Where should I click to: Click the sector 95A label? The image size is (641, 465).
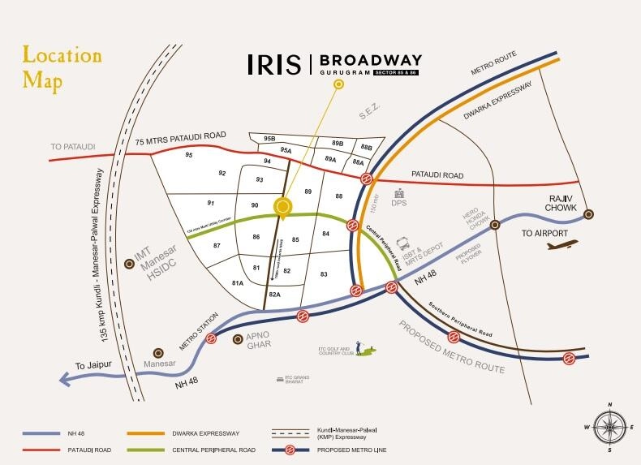coord(285,150)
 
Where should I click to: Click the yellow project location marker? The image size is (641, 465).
coord(282,207)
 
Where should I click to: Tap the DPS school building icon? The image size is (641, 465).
coord(398,194)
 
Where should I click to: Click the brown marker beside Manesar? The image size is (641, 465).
coord(158,354)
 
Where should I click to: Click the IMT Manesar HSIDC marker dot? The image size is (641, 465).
coord(127,264)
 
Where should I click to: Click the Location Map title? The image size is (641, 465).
coord(61,68)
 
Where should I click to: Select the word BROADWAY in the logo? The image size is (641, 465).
coord(370,61)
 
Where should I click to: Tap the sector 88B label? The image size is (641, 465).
coord(366,148)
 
